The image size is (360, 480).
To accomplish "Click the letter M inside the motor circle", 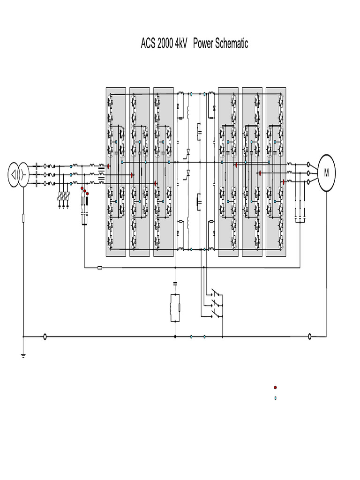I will [326, 173].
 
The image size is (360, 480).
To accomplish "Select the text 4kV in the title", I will [181, 44].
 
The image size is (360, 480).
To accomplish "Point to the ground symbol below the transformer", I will [23, 355].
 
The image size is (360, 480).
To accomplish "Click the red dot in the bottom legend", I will [275, 388].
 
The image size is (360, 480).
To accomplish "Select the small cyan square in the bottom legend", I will [275, 398].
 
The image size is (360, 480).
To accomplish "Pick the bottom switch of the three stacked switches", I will [217, 315].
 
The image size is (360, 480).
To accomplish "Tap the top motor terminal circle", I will [308, 165].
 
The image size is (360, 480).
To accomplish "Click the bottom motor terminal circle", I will [308, 182].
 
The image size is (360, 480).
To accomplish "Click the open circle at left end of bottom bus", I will [45, 336].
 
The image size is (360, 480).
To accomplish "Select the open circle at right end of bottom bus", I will [309, 336].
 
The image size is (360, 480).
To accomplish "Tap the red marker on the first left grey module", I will [108, 166].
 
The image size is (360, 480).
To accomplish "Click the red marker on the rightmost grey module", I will [284, 182].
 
